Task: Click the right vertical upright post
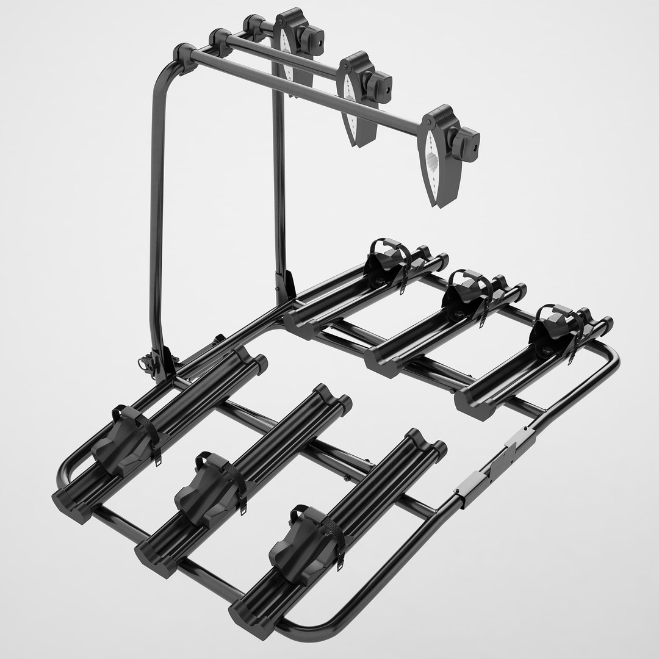pyautogui.click(x=279, y=183)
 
